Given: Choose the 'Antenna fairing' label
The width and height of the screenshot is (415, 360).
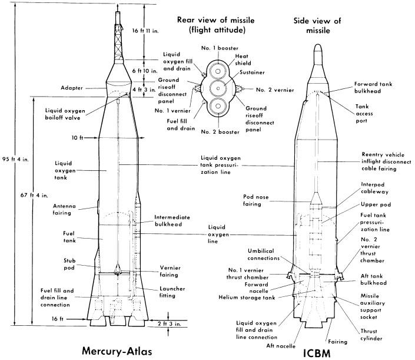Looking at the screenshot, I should (67, 209).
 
